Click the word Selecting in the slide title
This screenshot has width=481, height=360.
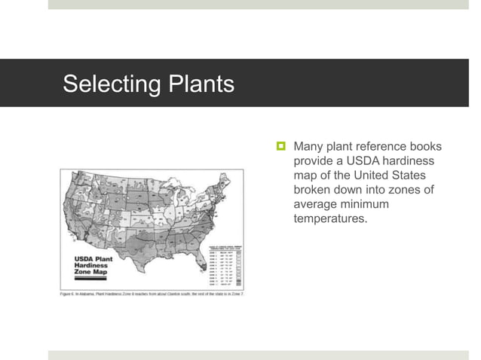(x=110, y=84)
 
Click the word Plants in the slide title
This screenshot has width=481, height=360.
(x=198, y=84)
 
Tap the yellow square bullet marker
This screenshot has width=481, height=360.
(x=279, y=145)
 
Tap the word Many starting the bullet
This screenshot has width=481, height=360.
(x=309, y=146)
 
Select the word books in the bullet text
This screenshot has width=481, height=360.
(x=425, y=146)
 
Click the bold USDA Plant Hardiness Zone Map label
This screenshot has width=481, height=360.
(x=93, y=267)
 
